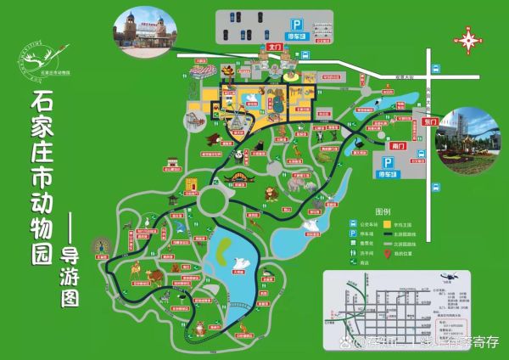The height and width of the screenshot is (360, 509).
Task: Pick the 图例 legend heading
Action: pyautogui.click(x=383, y=211)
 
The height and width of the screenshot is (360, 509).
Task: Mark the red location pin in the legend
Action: pyautogui.click(x=387, y=252)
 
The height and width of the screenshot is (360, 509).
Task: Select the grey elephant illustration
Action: pyautogui.click(x=299, y=184)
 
